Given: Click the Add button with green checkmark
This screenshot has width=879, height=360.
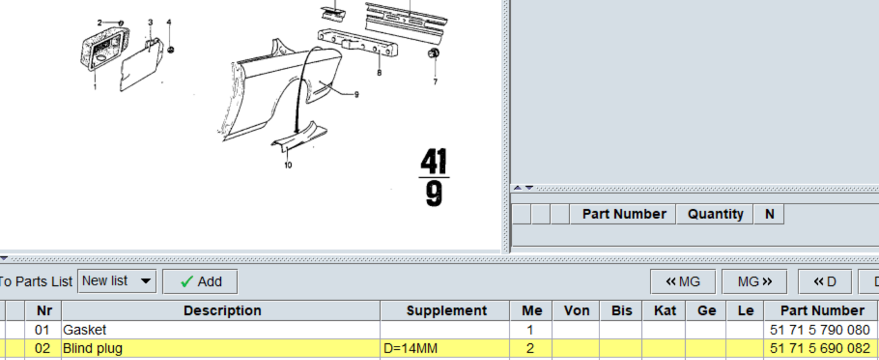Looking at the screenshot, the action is point(200,281).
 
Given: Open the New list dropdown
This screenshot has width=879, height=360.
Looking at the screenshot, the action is point(117,281).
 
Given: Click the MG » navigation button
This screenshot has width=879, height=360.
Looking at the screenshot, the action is point(754,281).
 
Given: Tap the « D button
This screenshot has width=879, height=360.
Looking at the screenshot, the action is point(825,281).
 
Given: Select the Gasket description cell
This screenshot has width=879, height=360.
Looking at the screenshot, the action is point(220,330).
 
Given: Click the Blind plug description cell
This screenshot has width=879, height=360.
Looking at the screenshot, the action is point(220,348).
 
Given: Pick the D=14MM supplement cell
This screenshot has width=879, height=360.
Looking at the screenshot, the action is point(445,348).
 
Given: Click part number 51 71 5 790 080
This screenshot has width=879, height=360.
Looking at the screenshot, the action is point(820,330).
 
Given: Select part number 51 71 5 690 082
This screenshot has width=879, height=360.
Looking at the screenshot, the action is point(820,348).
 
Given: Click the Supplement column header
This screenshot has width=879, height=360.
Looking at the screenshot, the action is point(446,310).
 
